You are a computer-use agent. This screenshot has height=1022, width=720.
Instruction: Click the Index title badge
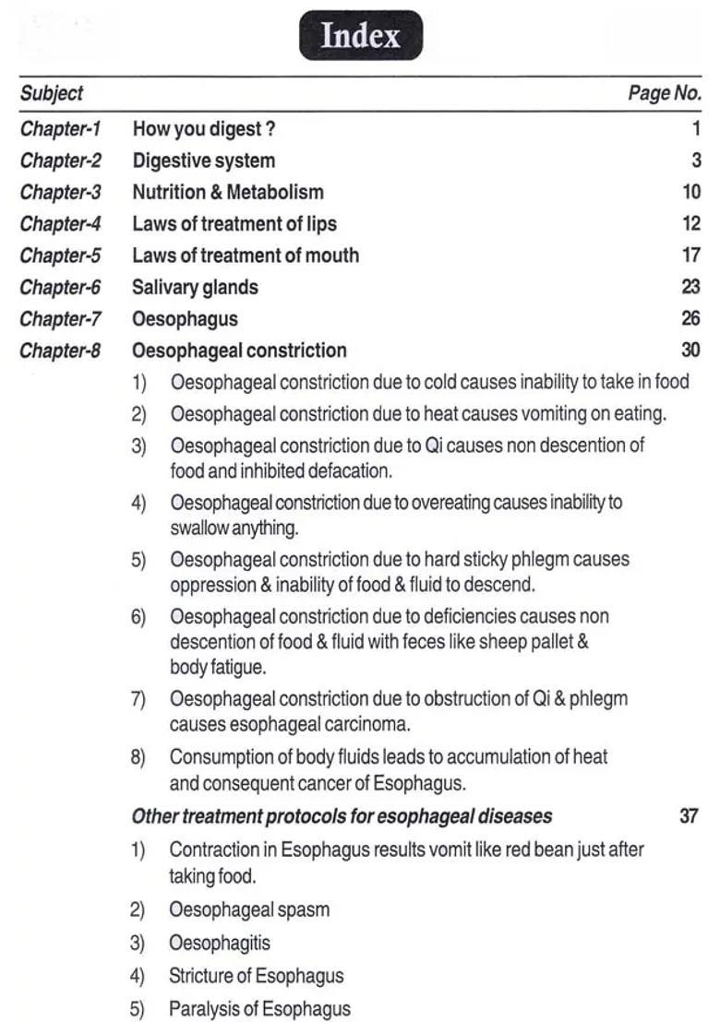[x=360, y=36]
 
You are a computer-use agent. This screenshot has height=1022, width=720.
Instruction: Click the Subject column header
[x=51, y=93]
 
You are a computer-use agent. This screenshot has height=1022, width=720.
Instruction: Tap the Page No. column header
[x=664, y=93]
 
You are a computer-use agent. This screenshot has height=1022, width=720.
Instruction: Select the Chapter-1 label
[x=60, y=128]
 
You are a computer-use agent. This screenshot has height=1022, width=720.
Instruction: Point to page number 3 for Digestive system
[x=696, y=160]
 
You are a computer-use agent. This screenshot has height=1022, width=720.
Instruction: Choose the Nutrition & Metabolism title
[x=228, y=192]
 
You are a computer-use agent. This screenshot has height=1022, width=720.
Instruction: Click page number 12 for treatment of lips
[x=691, y=223]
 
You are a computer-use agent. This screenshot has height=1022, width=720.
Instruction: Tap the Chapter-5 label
[x=60, y=255]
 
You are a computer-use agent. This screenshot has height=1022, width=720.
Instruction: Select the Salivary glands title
[x=195, y=287]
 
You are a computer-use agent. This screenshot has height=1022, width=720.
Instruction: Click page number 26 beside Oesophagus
[x=690, y=318]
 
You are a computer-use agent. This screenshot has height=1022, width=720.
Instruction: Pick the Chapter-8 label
[x=60, y=351]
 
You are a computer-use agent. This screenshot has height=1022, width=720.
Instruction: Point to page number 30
[x=690, y=351]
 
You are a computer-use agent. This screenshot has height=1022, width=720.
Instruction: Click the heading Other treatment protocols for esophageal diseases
[x=342, y=816]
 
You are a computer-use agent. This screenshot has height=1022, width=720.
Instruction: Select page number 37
[x=689, y=816]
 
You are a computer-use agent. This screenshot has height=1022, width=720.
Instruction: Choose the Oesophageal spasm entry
[x=249, y=909]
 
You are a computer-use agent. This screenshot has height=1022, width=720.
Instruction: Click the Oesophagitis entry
[x=220, y=944]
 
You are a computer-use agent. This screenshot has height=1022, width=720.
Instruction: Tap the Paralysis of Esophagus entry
[x=259, y=1009]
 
